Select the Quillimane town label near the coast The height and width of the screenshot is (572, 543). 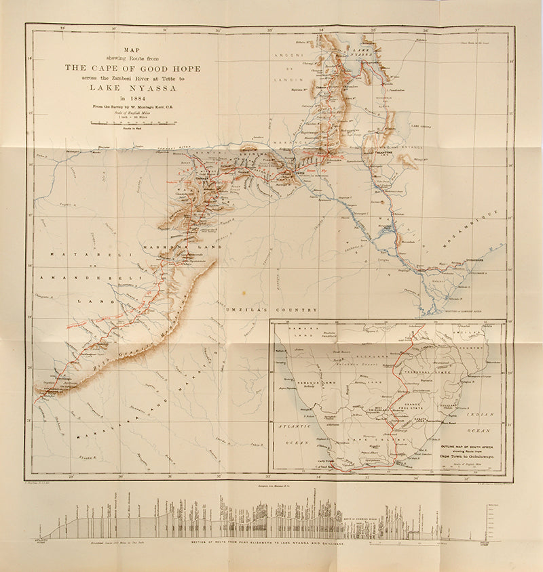click(476, 259)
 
